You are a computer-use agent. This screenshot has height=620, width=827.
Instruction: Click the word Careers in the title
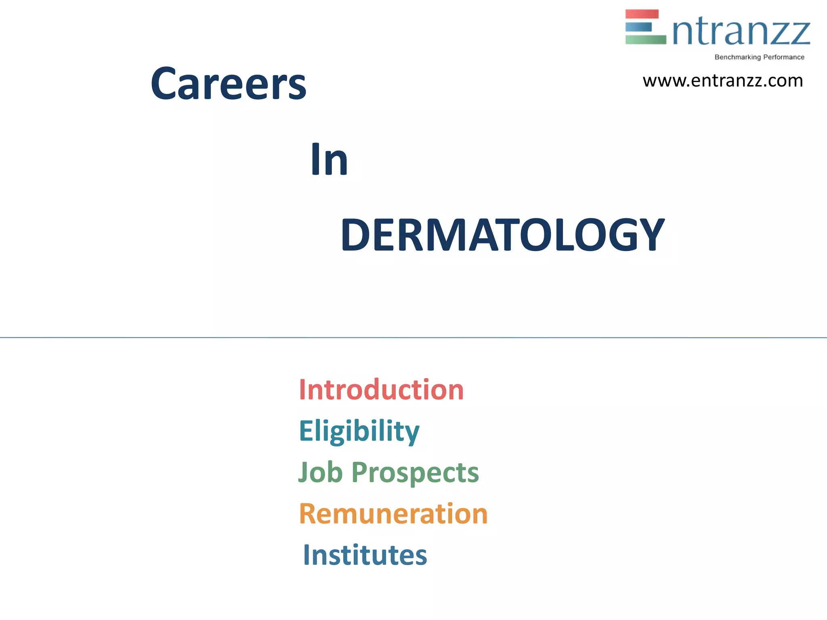tap(229, 84)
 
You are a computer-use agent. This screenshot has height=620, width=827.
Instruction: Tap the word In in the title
tap(329, 160)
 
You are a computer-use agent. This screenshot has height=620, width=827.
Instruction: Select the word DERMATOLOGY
tap(502, 235)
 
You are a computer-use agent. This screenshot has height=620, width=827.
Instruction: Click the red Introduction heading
tap(381, 390)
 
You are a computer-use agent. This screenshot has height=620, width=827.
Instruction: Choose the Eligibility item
tap(359, 431)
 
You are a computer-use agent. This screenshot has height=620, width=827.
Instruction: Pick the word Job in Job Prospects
tap(320, 472)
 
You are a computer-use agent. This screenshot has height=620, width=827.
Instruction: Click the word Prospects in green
tap(415, 473)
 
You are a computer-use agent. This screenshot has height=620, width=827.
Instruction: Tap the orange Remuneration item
tap(393, 514)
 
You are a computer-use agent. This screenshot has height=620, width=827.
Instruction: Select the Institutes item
tap(365, 555)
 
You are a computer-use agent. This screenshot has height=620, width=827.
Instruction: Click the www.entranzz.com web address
tap(722, 81)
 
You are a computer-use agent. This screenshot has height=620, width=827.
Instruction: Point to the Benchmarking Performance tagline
tap(759, 57)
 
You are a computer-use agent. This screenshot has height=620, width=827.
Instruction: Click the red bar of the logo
tap(642, 14)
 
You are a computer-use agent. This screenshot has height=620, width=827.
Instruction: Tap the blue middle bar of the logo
tap(638, 27)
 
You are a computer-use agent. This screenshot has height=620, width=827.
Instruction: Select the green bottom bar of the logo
tap(645, 40)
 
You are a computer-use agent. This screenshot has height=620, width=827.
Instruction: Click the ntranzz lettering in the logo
tap(741, 32)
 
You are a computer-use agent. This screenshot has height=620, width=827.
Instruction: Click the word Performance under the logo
tap(783, 57)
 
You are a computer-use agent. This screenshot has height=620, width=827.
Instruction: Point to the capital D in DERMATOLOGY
tap(357, 235)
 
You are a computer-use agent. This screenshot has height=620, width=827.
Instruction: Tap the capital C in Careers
tap(163, 84)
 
